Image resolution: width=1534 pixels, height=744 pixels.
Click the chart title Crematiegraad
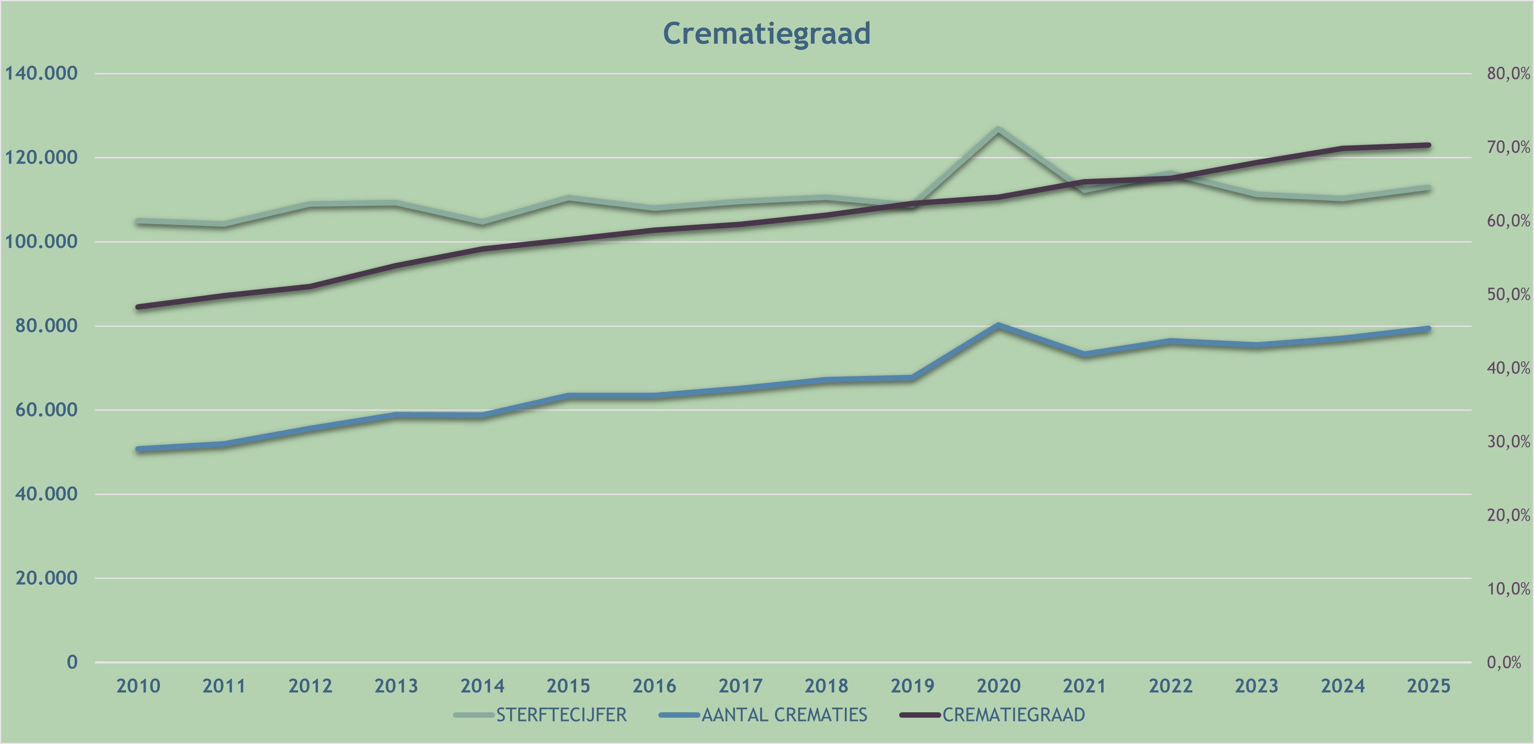pos(766,33)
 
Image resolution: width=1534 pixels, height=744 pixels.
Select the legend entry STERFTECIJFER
pos(561,714)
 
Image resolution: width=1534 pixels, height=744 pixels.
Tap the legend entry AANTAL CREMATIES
pos(783,714)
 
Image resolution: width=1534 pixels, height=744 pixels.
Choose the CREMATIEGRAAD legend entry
pos(1013,714)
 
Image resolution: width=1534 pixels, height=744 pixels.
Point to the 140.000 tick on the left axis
pos(41,73)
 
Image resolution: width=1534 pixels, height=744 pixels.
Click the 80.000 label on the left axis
pos(46,325)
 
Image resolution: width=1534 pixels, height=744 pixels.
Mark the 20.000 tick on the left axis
pos(46,578)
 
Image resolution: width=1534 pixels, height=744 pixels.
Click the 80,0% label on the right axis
pos(1508,73)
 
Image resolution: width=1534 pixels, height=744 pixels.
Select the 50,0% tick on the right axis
pos(1508,294)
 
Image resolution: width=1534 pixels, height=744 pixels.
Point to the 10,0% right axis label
pos(1508,589)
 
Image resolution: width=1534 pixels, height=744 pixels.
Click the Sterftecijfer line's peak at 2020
pos(998,129)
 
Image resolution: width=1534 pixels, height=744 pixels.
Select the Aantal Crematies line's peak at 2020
pos(998,325)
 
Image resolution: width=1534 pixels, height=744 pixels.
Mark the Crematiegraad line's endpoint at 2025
pos(1428,145)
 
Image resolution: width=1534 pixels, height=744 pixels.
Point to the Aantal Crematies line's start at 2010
pos(138,449)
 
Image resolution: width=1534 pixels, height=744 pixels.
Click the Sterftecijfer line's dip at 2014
pos(483,222)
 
